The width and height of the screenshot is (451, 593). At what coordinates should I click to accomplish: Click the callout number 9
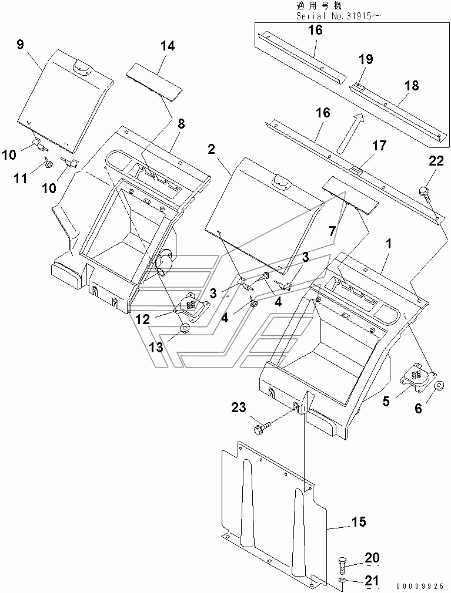[20, 45]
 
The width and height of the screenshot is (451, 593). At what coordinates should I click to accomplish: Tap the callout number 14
[168, 46]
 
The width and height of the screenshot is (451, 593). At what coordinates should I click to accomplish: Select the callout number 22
[436, 161]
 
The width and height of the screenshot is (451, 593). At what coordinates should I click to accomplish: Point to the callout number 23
[239, 407]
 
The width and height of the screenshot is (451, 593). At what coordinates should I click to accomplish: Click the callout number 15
[359, 522]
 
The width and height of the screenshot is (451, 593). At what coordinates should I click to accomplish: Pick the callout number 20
[372, 557]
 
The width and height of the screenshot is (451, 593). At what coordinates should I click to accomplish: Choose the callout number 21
[371, 579]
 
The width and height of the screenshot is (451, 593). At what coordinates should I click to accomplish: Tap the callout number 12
[143, 319]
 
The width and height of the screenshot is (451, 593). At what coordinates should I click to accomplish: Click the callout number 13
[156, 346]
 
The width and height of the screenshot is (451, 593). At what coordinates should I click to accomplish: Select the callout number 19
[366, 59]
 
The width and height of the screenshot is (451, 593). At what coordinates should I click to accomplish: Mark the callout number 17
[379, 145]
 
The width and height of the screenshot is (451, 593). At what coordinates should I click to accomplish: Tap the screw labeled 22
[425, 193]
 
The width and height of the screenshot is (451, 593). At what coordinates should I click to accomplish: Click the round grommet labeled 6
[439, 385]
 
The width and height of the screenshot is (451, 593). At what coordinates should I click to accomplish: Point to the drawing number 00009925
[420, 587]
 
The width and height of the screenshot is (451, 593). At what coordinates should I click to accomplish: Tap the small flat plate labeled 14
[154, 82]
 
